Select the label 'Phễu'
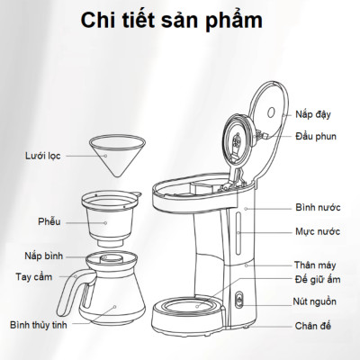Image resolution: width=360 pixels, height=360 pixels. (x=49, y=219)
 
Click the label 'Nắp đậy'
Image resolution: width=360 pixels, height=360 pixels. (x=312, y=114)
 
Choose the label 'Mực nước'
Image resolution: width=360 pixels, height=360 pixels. (x=318, y=231)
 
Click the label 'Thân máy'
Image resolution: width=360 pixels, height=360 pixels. (x=318, y=265)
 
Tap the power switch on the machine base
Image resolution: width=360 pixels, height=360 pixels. (x=239, y=302)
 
